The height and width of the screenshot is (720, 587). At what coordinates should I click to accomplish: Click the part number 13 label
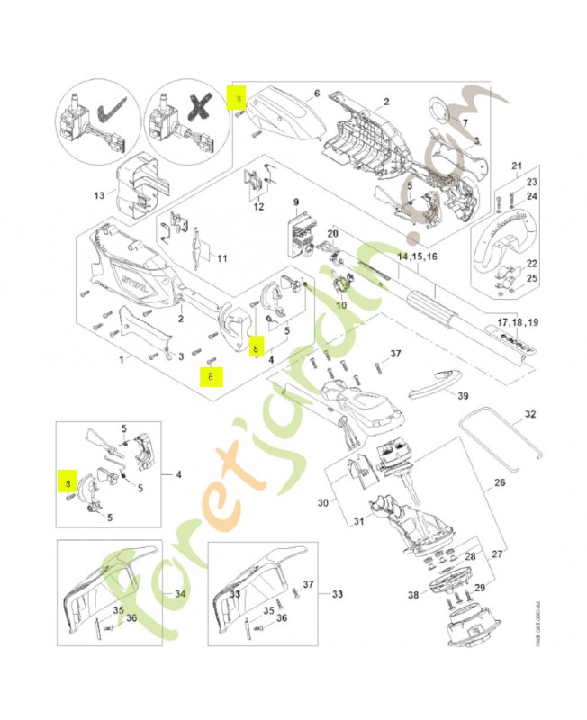[x=100, y=194]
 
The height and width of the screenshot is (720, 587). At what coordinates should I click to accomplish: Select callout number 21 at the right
[x=517, y=166]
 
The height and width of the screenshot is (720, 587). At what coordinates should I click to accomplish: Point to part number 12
[x=258, y=207]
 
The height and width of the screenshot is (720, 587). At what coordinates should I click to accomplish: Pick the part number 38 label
[x=413, y=595]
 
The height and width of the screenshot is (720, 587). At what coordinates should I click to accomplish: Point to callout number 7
[x=465, y=122]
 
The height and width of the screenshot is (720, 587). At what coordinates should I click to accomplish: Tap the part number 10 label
[x=340, y=305]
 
